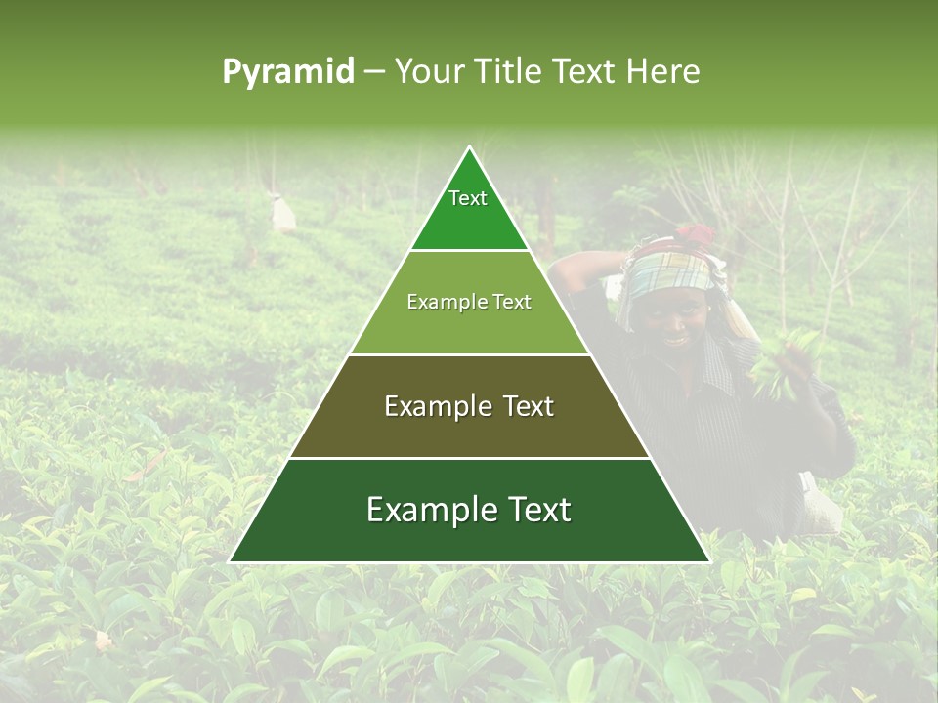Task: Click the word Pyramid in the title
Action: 288,71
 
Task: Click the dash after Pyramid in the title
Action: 374,72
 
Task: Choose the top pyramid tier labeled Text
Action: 469,210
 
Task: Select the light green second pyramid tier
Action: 469,317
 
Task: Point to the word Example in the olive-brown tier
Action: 436,406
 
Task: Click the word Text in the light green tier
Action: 510,302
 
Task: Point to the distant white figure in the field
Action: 282,212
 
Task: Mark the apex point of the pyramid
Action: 470,146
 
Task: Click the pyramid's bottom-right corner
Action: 709,561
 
